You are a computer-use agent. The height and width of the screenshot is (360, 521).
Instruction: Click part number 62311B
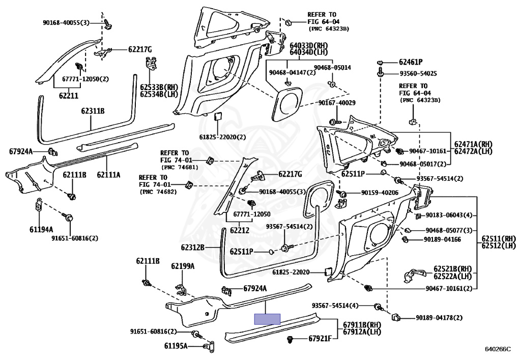[x=93, y=110]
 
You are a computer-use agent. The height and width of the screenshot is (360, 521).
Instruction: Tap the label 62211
[x=69, y=96]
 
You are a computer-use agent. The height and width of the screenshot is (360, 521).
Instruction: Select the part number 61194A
[x=41, y=229]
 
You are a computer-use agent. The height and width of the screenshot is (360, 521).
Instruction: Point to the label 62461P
[x=411, y=62]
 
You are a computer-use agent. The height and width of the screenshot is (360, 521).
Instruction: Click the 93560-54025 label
[x=418, y=73]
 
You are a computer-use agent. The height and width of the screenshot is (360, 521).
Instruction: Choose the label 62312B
[x=193, y=247]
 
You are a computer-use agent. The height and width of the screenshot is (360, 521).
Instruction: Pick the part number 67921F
[x=320, y=339]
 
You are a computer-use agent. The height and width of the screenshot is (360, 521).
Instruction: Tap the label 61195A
[x=176, y=346]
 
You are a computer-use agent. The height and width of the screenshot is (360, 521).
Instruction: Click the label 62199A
[x=183, y=266]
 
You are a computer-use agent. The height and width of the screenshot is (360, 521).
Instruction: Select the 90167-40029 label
[x=337, y=103]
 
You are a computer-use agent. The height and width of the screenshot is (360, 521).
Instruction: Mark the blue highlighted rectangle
[x=267, y=319]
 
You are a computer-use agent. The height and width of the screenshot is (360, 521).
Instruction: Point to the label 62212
[x=240, y=230]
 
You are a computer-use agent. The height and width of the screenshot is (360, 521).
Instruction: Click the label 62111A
[x=109, y=174]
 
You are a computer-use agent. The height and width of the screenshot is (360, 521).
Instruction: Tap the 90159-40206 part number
[x=380, y=192]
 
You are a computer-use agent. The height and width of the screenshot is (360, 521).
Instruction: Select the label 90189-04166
[x=442, y=239]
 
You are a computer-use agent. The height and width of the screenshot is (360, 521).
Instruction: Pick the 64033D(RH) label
[x=309, y=45]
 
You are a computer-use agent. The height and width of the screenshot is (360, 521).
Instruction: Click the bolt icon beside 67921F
[x=291, y=340]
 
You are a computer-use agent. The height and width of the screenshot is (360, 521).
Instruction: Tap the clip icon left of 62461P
[x=380, y=62]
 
